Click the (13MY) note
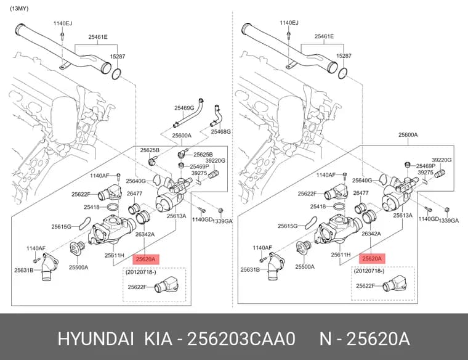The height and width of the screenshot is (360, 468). pos(20,9)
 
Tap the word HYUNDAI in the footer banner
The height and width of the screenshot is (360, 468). pos(95,339)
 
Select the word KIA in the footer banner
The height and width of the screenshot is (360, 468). pos(158,339)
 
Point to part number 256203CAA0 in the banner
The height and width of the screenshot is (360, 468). pos(241,339)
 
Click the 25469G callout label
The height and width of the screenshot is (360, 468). pos(184,108)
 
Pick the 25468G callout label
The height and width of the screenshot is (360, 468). pos(220,131)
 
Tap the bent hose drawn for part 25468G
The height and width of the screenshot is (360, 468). pos(216,116)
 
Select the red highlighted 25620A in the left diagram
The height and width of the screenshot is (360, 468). pos(146,260)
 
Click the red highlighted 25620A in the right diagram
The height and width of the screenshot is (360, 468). pos(372,259)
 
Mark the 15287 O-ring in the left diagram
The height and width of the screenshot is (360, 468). pos(116,74)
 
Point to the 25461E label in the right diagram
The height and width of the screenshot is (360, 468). pos(324,36)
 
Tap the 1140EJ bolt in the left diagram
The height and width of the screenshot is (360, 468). pos(62,36)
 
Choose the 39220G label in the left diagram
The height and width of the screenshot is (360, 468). pos(216,161)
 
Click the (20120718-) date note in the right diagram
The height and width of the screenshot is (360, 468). pos(369,271)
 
